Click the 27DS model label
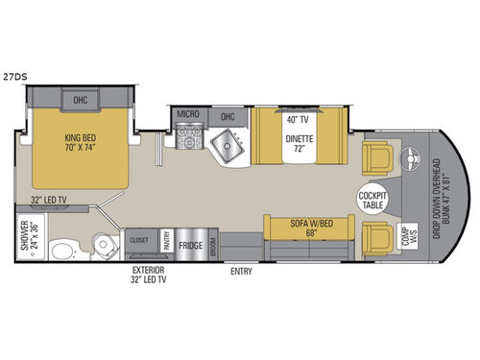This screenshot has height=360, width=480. [x=14, y=75]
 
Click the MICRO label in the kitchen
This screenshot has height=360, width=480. [x=187, y=114]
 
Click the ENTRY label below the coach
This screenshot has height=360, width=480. [x=243, y=272]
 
